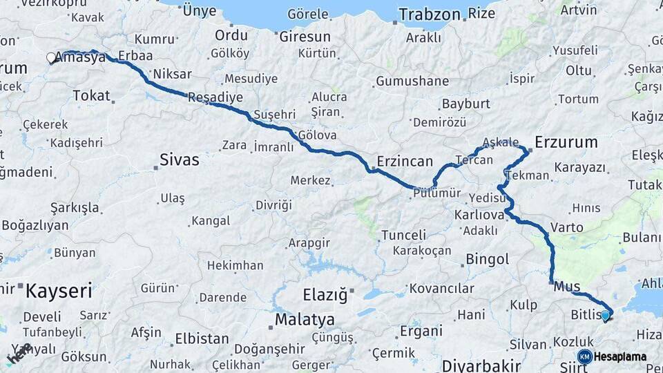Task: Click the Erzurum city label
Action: click(566, 142)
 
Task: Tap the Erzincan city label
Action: click(404, 161)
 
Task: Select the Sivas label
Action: click(179, 160)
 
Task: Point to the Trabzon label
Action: click(429, 15)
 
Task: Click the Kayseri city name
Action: click(58, 291)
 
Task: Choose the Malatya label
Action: click(305, 320)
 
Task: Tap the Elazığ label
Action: click(325, 296)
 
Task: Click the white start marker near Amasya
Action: click(51, 58)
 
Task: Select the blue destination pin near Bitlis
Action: click(605, 316)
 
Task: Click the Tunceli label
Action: click(403, 235)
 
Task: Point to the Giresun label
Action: click(305, 37)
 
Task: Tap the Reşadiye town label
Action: click(215, 97)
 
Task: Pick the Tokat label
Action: click(91, 95)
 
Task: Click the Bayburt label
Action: click(465, 104)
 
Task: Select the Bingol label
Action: click(487, 260)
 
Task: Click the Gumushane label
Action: click(412, 82)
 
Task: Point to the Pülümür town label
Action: click(436, 194)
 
